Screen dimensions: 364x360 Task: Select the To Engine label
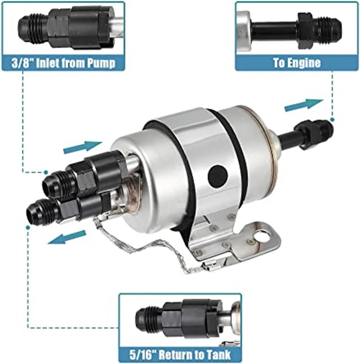pos(297,62)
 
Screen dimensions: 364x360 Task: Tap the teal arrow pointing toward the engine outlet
pos(304,105)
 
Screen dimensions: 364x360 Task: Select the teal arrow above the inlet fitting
pos(83,147)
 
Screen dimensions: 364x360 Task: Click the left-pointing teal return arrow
pos(67,237)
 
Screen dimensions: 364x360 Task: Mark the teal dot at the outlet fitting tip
pos(332,119)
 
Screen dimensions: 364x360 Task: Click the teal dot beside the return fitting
pos(28,228)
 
